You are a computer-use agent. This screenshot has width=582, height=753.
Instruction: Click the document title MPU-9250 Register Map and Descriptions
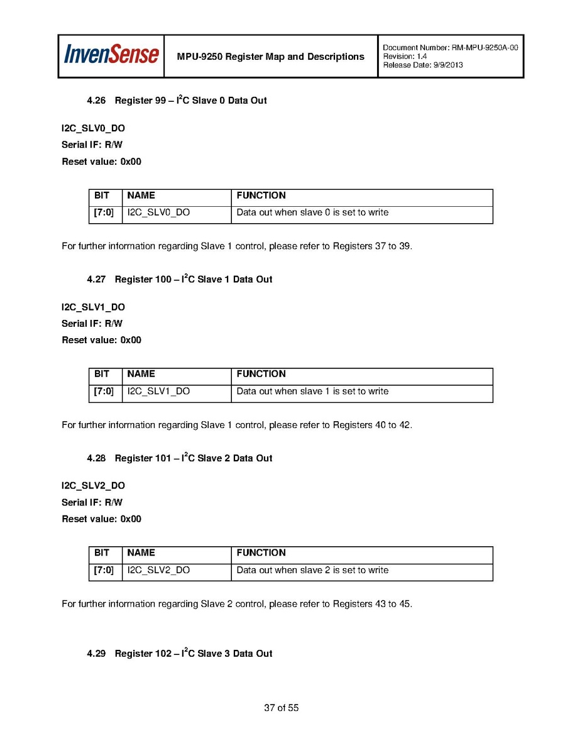270,57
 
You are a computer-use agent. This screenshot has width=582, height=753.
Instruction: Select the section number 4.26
96,101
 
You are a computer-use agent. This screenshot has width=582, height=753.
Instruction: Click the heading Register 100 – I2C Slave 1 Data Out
194,279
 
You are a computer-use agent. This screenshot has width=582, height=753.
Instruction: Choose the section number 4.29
96,654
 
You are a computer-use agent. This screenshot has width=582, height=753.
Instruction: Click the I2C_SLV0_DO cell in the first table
158,212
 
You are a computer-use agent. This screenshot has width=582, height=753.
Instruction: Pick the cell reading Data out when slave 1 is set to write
312,391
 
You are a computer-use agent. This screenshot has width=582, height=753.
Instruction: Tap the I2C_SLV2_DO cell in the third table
158,570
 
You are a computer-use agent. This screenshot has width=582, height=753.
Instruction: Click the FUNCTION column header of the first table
261,195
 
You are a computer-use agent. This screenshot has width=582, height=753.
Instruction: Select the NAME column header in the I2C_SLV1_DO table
141,374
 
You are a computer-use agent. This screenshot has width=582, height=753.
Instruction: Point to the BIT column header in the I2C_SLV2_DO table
102,553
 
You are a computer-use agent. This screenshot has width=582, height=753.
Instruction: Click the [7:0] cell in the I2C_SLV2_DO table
104,570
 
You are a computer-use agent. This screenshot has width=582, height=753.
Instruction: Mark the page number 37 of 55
281,708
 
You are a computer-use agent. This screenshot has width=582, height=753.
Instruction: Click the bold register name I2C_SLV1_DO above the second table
93,307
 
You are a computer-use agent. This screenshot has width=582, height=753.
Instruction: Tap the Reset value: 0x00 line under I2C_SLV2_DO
101,519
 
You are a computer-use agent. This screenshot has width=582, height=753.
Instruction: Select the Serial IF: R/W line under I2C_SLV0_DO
92,145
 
